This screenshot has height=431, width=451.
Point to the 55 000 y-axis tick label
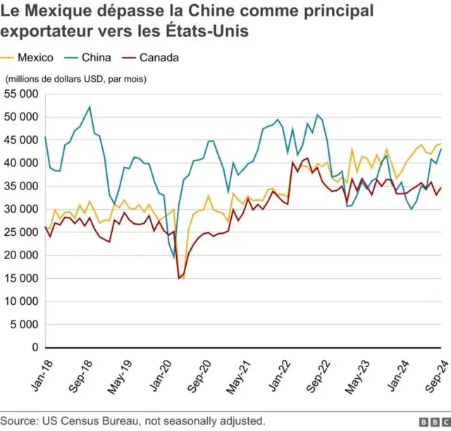[21, 93]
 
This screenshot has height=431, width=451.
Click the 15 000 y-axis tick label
[21, 278]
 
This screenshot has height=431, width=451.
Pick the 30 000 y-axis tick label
[21, 209]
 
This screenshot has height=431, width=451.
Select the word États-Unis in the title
[211, 32]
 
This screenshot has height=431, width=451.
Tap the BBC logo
[433, 421]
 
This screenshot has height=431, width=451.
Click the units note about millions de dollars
[75, 79]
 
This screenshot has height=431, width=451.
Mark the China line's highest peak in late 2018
[89, 106]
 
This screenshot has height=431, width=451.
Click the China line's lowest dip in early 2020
[174, 258]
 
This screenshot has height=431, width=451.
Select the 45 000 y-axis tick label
[21, 139]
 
